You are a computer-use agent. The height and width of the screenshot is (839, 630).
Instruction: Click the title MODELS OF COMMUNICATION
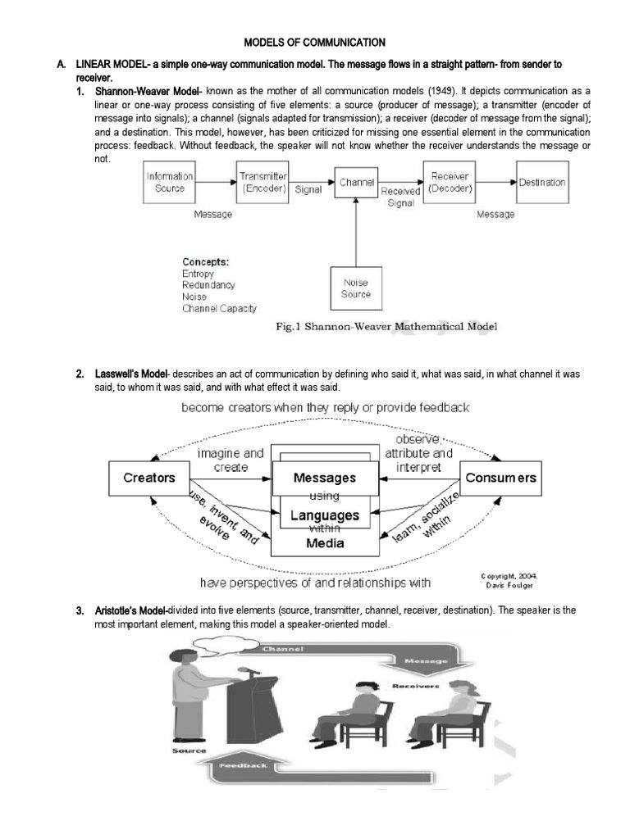tap(315, 42)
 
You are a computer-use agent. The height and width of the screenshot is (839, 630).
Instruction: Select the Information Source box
tap(170, 182)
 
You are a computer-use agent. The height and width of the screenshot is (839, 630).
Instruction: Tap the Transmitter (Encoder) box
tap(262, 182)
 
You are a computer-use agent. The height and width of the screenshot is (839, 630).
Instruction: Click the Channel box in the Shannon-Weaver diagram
tap(356, 183)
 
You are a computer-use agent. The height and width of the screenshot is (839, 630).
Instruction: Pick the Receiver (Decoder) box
tap(449, 182)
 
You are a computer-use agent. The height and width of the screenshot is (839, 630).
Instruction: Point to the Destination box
tap(542, 183)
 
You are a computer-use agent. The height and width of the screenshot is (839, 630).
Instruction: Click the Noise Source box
tap(356, 288)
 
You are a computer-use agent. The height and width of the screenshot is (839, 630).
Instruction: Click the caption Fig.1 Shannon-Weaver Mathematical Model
tap(385, 326)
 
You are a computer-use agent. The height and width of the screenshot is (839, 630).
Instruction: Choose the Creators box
tap(148, 478)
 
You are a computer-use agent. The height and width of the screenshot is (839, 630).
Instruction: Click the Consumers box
tap(500, 478)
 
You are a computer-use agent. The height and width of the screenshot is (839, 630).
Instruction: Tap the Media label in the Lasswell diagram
tap(326, 542)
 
